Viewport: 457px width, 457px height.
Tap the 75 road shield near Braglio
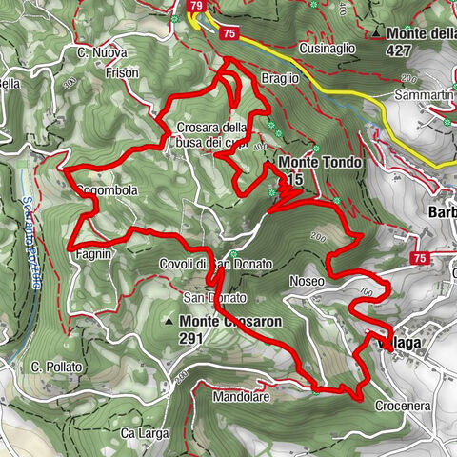pyautogui.click(x=228, y=32)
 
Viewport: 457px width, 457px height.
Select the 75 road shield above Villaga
pyautogui.click(x=419, y=258)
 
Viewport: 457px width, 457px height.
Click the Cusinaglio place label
pyautogui.click(x=327, y=47)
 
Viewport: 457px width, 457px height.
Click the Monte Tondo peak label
pyautogui.click(x=320, y=163)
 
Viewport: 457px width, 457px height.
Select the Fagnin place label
pyautogui.click(x=95, y=255)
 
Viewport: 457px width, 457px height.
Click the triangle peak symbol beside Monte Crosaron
pyautogui.click(x=169, y=322)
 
